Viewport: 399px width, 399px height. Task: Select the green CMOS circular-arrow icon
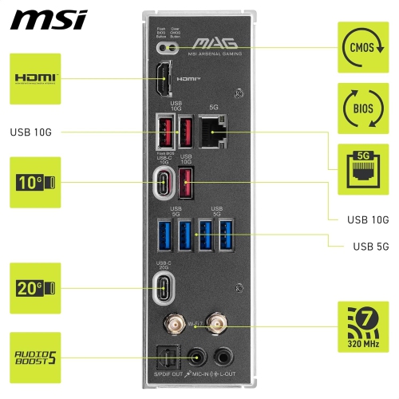[363, 47]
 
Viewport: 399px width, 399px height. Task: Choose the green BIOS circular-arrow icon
[363, 108]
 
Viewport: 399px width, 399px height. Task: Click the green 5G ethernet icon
[363, 169]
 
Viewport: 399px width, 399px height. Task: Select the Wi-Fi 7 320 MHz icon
[363, 326]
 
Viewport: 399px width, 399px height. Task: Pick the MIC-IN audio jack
[196, 355]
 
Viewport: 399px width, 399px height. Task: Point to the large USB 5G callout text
[370, 246]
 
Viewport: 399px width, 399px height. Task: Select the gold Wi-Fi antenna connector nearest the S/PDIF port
[171, 324]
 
